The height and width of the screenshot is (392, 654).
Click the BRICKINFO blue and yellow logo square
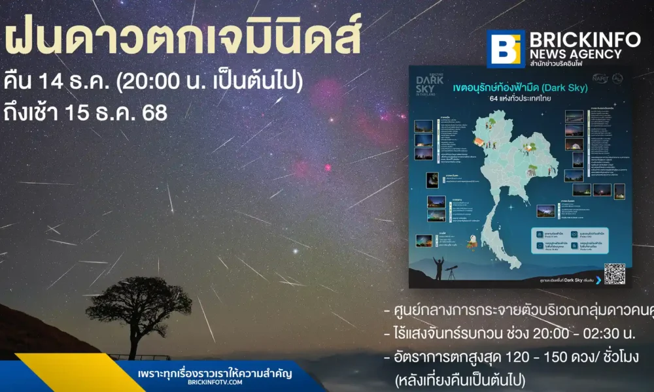[506, 48]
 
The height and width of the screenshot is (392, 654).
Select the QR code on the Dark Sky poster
[614, 272]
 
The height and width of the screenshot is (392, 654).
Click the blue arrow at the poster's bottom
[598, 280]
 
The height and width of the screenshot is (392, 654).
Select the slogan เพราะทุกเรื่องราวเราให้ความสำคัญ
[215, 374]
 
